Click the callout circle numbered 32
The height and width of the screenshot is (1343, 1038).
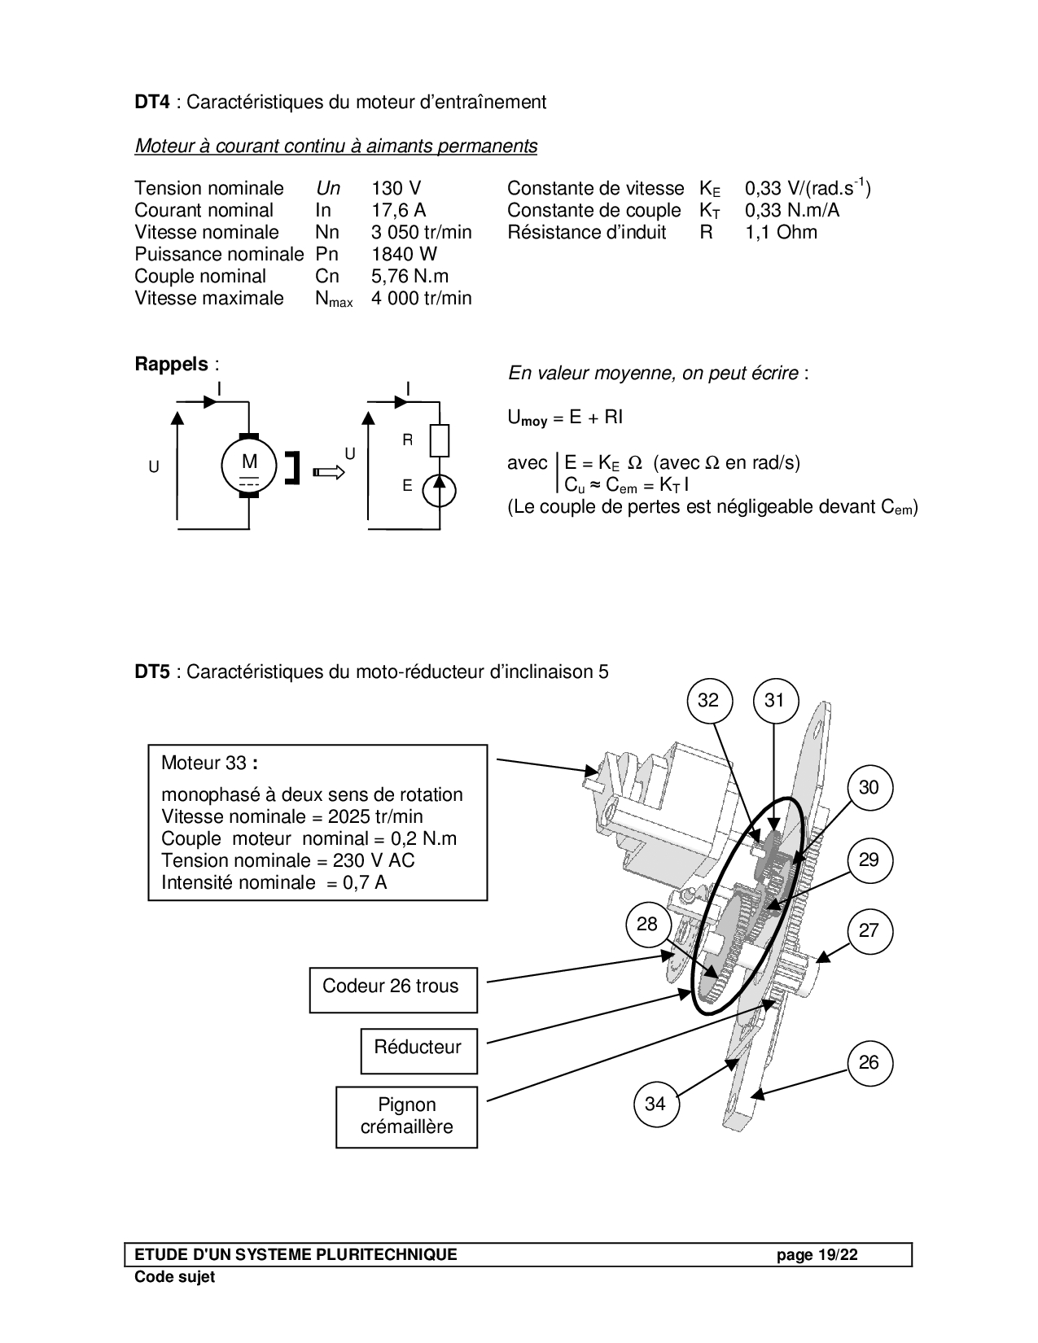[709, 700]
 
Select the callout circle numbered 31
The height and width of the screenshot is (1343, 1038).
[774, 700]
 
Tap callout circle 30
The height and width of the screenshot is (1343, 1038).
[869, 788]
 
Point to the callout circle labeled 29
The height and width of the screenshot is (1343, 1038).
[869, 860]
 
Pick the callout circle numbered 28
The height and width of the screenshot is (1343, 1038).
[647, 925]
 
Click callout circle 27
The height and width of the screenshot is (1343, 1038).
[869, 931]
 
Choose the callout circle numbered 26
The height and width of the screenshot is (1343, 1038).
[869, 1062]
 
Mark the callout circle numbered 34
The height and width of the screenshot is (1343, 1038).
[655, 1104]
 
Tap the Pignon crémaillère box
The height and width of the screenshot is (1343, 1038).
[406, 1117]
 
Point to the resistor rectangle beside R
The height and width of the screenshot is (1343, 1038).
[439, 441]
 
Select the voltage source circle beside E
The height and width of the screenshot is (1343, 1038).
[439, 491]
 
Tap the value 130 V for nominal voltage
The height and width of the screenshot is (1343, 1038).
[396, 189]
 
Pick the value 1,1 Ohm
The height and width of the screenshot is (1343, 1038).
[781, 233]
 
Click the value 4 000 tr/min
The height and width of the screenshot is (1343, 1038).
[421, 299]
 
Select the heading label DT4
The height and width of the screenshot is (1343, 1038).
[152, 103]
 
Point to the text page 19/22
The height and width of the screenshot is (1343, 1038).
[817, 1254]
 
